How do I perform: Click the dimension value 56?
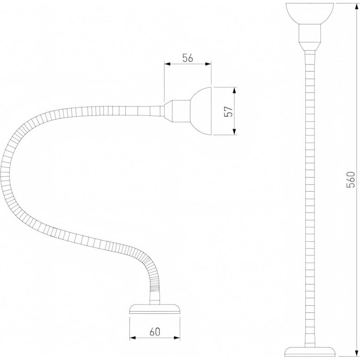(x=188, y=58)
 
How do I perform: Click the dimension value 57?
(x=229, y=111)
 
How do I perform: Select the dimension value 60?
(x=155, y=332)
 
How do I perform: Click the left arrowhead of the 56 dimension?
(x=167, y=64)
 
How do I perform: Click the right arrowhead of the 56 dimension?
(x=208, y=64)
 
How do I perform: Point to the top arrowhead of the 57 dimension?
(x=234, y=90)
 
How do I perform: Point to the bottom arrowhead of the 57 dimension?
(x=234, y=132)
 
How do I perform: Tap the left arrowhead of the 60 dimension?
(x=133, y=338)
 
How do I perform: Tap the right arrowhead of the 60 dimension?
(x=177, y=338)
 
